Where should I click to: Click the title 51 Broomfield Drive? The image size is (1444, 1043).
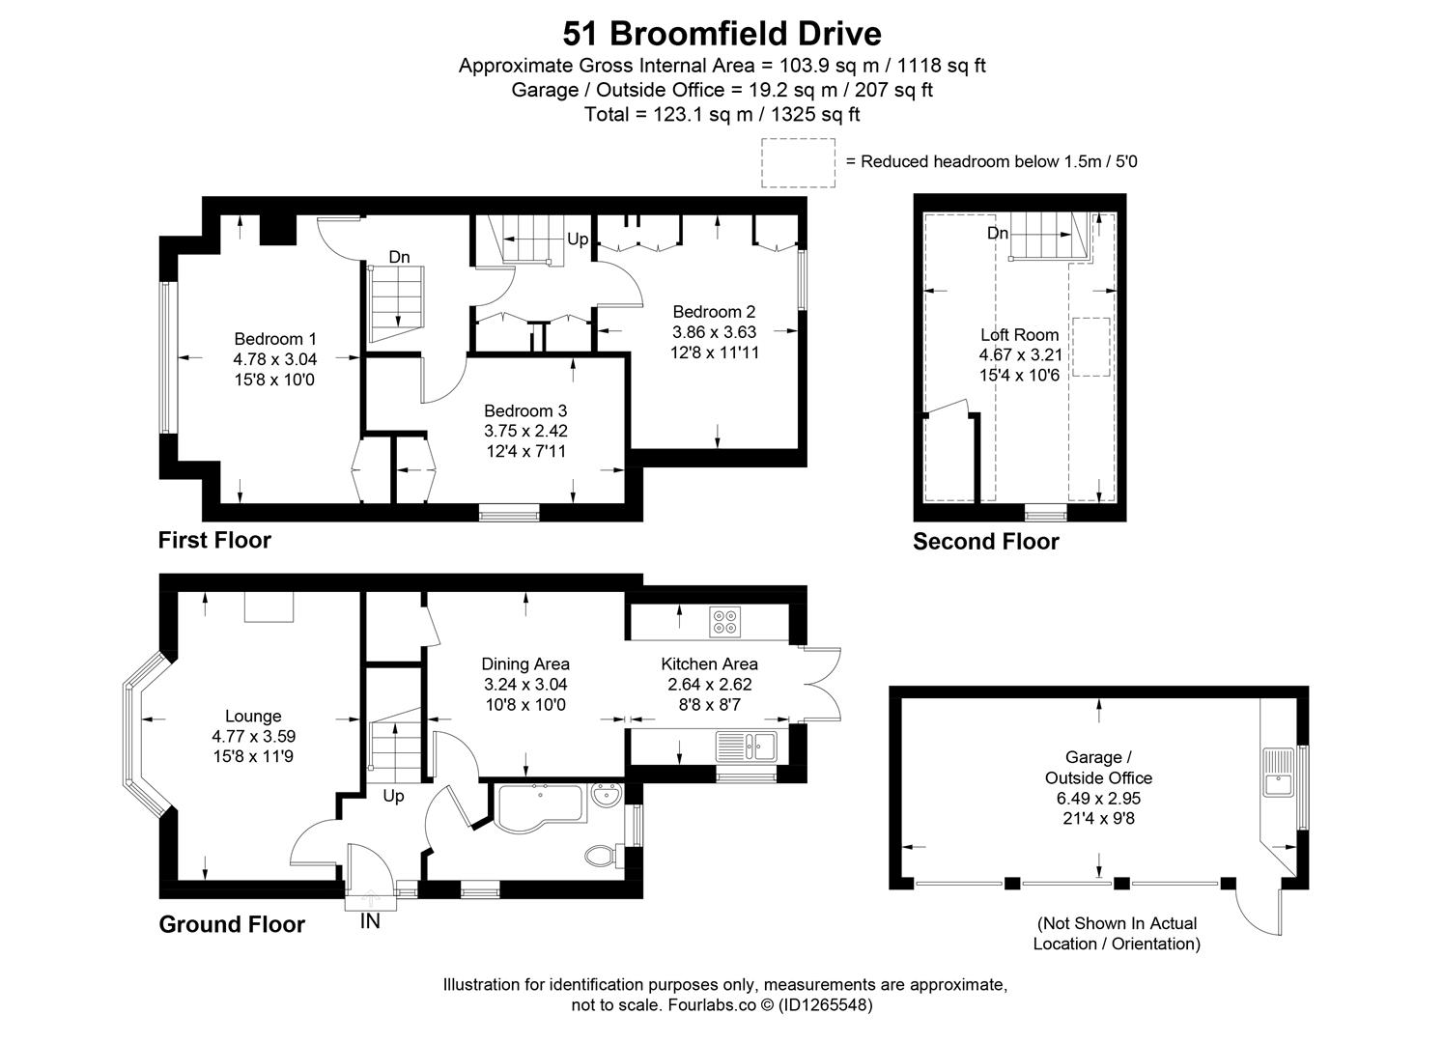pyautogui.click(x=722, y=34)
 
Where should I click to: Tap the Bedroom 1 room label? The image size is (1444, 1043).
pyautogui.click(x=274, y=339)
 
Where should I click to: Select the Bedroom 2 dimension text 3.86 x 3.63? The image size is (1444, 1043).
pyautogui.click(x=714, y=332)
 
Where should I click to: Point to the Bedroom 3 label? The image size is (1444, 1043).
pyautogui.click(x=525, y=411)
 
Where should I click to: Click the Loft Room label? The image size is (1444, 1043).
pyautogui.click(x=1019, y=335)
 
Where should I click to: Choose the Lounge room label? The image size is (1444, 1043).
pyautogui.click(x=253, y=717)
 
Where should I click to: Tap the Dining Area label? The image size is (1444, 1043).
pyautogui.click(x=525, y=664)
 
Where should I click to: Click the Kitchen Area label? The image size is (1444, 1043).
pyautogui.click(x=709, y=664)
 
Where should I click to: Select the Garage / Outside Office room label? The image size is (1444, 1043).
pyautogui.click(x=1093, y=768)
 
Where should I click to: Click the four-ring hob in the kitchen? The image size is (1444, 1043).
pyautogui.click(x=724, y=622)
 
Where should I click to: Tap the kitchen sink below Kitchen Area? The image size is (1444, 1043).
pyautogui.click(x=747, y=746)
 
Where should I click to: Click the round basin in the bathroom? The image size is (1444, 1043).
pyautogui.click(x=608, y=800)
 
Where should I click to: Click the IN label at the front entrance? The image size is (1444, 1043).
pyautogui.click(x=370, y=921)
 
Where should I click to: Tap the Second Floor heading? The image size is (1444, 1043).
pyautogui.click(x=985, y=542)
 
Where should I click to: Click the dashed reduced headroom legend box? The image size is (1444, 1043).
pyautogui.click(x=798, y=162)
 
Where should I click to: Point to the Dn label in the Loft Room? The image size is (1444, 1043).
pyautogui.click(x=998, y=234)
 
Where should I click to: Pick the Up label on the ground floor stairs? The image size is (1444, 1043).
pyautogui.click(x=393, y=797)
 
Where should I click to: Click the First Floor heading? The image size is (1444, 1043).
pyautogui.click(x=214, y=540)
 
